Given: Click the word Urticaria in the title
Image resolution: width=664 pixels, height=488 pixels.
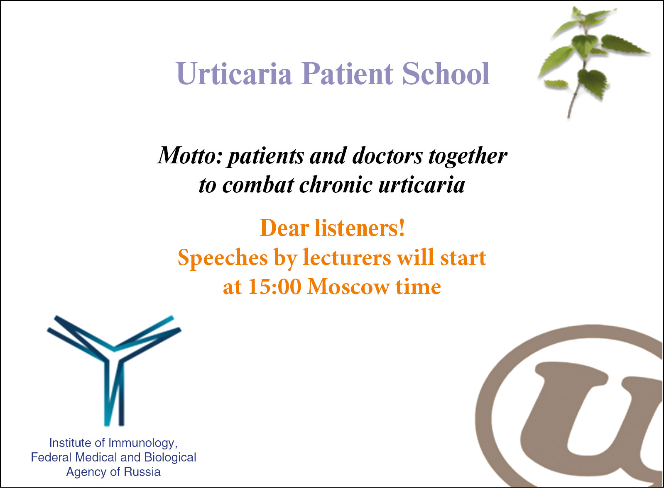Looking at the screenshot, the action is (x=234, y=73).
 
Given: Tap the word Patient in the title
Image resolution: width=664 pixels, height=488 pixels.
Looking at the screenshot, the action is (x=347, y=73).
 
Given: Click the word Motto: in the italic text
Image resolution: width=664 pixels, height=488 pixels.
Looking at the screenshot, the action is (x=190, y=155).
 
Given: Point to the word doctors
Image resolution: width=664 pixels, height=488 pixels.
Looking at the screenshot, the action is (x=387, y=155).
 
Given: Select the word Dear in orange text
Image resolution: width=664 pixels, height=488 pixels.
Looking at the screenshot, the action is (x=284, y=228).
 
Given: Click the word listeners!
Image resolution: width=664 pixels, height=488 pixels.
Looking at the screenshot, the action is (x=360, y=228).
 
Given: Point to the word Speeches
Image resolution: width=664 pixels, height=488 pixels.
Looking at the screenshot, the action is (x=223, y=258).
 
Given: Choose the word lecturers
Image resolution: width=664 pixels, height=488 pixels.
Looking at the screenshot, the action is (x=347, y=257).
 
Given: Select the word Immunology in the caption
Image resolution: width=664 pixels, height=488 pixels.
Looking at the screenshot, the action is (x=141, y=443).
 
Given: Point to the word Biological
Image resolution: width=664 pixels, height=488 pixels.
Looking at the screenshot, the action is (x=170, y=457).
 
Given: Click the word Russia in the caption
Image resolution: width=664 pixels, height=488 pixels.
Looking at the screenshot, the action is (x=142, y=472).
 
